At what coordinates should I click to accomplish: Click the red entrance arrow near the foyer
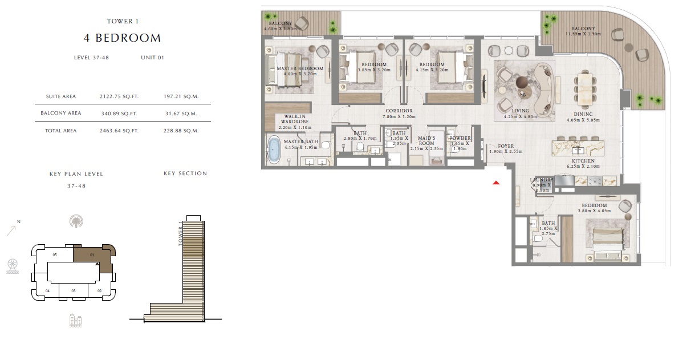[x=496, y=183]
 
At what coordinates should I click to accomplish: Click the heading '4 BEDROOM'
[x=123, y=38]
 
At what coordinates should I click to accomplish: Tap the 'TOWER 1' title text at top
[x=123, y=21]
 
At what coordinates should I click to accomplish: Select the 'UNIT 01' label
[x=152, y=58]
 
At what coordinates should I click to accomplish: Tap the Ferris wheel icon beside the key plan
[x=13, y=266]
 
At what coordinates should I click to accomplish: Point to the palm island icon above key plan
[x=75, y=222]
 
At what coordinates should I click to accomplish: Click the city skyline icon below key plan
[x=75, y=320]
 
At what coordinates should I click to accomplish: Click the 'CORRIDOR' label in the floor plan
[x=399, y=111]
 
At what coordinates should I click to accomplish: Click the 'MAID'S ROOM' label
[x=426, y=140]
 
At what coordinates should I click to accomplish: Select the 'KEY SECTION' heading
[x=185, y=173]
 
